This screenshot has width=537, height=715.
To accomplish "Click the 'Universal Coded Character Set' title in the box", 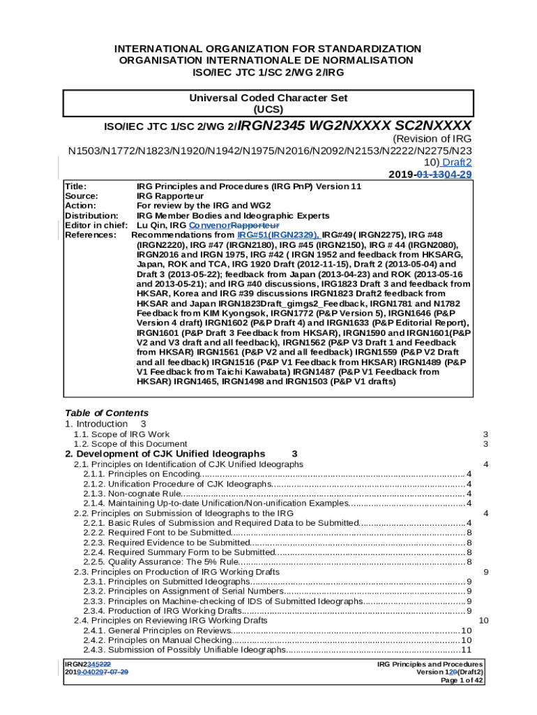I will pos(268,98).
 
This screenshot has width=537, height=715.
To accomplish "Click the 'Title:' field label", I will pos(75,186).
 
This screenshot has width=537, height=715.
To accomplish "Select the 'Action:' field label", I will pos(80,206).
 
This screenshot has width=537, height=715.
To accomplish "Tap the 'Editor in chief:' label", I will pos(96,226).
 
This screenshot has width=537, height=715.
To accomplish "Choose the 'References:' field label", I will pos(90,235).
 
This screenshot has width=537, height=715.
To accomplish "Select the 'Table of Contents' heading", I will pos(106,413).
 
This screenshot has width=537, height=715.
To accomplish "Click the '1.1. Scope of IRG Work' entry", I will pos(121,434).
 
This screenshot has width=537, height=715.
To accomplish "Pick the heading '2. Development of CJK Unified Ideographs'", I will pos(165,454).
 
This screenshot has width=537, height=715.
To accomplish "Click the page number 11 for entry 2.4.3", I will pos(467,650).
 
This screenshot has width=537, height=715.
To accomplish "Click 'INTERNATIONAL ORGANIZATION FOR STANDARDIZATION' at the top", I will pos(268,49).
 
